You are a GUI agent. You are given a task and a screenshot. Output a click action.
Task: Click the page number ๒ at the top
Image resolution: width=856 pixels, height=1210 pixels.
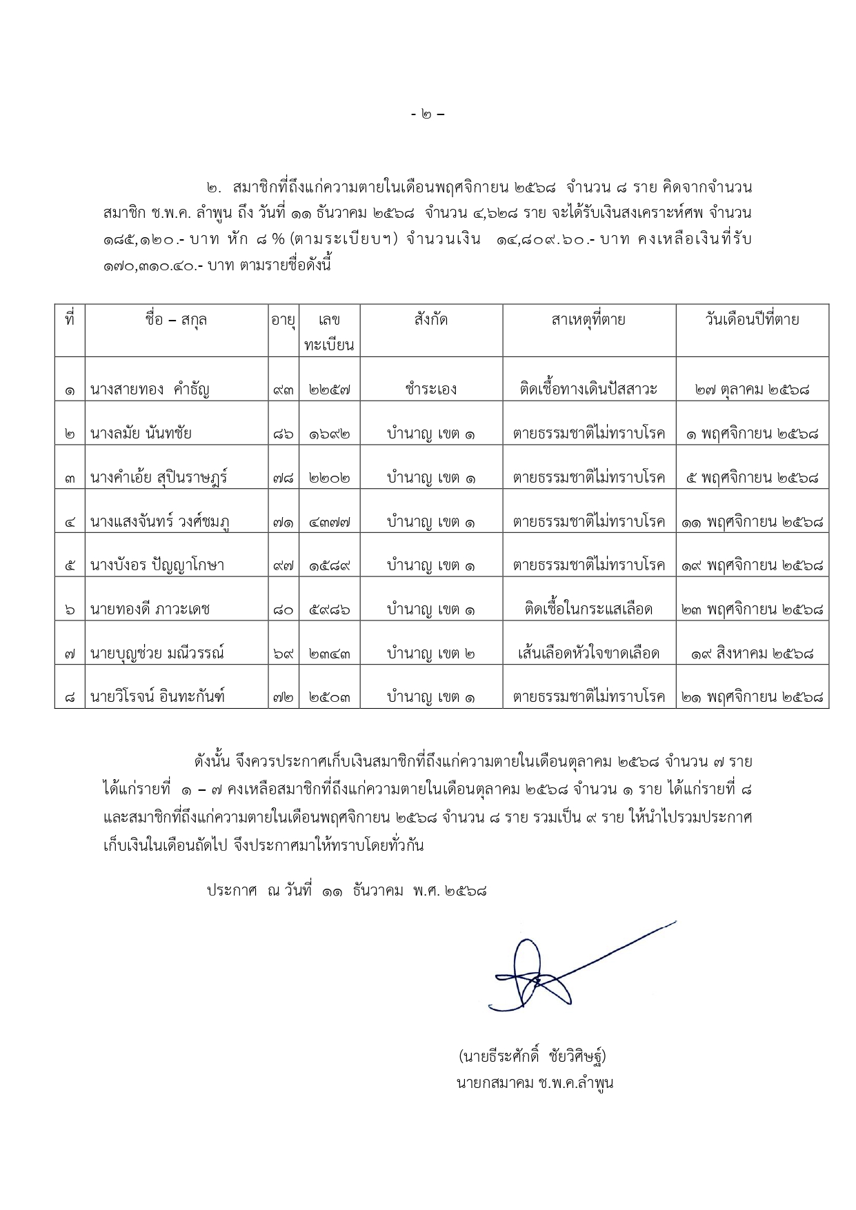click(428, 114)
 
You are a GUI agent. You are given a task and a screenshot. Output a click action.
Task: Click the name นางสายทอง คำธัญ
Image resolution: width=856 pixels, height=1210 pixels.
click(150, 390)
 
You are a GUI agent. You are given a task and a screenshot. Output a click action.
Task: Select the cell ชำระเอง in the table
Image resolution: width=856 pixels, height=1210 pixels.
click(431, 390)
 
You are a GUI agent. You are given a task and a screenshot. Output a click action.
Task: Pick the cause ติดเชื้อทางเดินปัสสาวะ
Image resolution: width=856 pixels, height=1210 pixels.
click(588, 390)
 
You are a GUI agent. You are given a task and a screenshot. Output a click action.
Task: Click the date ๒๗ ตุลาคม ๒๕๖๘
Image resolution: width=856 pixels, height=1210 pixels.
click(752, 390)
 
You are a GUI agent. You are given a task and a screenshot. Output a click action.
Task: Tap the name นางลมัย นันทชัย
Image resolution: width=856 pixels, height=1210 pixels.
click(141, 434)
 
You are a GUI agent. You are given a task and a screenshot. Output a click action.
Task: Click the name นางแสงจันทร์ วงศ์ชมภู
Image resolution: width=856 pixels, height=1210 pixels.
click(159, 522)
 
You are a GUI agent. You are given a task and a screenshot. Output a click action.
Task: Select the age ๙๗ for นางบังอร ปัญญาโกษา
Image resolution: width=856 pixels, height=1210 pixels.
click(282, 566)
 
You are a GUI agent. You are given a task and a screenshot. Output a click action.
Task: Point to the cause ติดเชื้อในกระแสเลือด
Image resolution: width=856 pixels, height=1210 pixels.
click(588, 609)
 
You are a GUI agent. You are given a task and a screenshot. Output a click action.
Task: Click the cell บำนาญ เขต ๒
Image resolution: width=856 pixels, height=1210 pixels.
click(431, 654)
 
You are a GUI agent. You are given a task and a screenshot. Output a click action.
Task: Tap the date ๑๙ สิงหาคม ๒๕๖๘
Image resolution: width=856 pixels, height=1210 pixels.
click(752, 654)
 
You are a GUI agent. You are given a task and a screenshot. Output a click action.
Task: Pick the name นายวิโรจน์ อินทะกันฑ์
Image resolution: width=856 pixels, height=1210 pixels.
click(157, 698)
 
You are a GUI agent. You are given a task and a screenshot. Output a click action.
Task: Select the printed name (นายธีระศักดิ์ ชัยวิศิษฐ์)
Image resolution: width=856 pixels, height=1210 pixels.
click(532, 1056)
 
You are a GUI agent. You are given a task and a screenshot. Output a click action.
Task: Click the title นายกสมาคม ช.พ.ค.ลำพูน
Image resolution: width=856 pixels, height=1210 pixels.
click(535, 1082)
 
